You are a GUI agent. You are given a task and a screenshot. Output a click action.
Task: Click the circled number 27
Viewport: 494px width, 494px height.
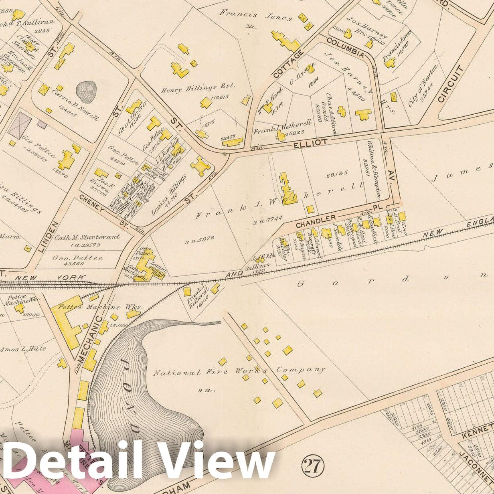pyautogui.click(x=313, y=466)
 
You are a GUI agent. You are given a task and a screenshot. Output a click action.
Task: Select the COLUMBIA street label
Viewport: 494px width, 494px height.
pyautogui.click(x=345, y=48)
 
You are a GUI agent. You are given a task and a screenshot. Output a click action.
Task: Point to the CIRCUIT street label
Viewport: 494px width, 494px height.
pyautogui.click(x=451, y=84)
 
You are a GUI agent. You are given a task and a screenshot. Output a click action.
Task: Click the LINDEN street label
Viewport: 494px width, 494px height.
pyautogui.click(x=49, y=237)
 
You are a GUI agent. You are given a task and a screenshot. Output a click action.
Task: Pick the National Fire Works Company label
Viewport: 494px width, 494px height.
pyautogui.click(x=239, y=371)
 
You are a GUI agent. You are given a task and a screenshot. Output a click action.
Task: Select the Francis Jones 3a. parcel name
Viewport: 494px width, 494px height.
pyautogui.click(x=255, y=15)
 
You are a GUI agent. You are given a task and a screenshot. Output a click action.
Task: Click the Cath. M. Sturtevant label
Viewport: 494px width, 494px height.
pyautogui.click(x=87, y=237)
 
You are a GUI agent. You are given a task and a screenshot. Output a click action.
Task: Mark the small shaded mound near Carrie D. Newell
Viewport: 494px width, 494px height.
pyautogui.click(x=86, y=92)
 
